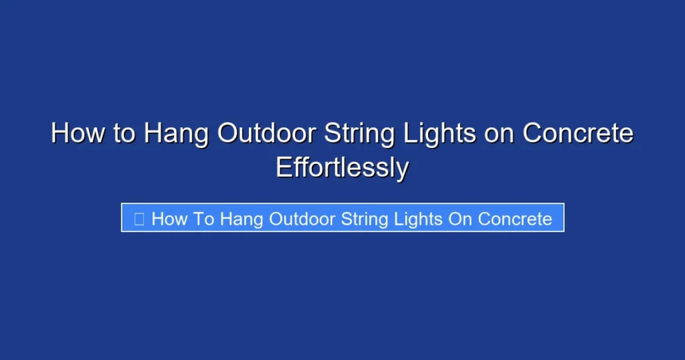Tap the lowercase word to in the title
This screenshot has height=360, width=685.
coord(123,134)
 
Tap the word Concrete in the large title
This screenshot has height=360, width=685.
coord(578,134)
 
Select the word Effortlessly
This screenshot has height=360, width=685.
coord(342,168)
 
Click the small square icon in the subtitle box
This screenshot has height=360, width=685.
coord(139,219)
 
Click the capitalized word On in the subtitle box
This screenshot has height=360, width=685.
coord(460,219)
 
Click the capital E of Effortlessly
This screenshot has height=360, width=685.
coord(284,168)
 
